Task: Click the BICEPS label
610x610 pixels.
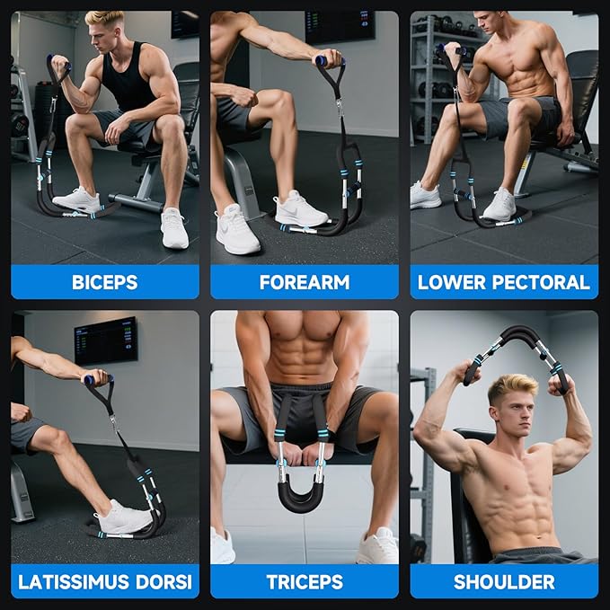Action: [x=104, y=282]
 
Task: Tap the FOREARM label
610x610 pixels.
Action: [x=305, y=282]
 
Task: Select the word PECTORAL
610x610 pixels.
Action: [x=541, y=282]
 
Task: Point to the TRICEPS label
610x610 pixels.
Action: [x=305, y=581]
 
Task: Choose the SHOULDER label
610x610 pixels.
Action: [x=504, y=581]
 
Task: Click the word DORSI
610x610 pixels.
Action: [x=164, y=581]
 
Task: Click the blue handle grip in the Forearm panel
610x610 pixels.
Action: [x=330, y=61]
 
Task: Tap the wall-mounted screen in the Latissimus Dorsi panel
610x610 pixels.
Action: [x=106, y=341]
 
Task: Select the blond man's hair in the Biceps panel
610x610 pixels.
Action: [x=104, y=18]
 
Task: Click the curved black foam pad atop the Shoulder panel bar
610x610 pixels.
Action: [x=518, y=335]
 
